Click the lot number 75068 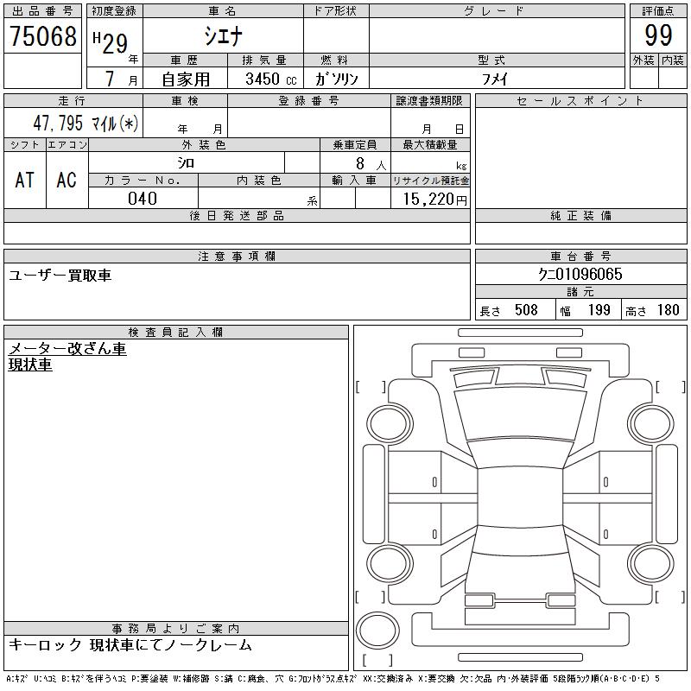43,36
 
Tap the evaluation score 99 658,35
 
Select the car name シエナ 224,35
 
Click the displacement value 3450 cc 271,79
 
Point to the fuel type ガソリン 336,79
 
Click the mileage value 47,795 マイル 86,123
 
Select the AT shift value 25,180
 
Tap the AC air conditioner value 67,180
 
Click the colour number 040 143,199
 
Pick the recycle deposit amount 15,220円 434,200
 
